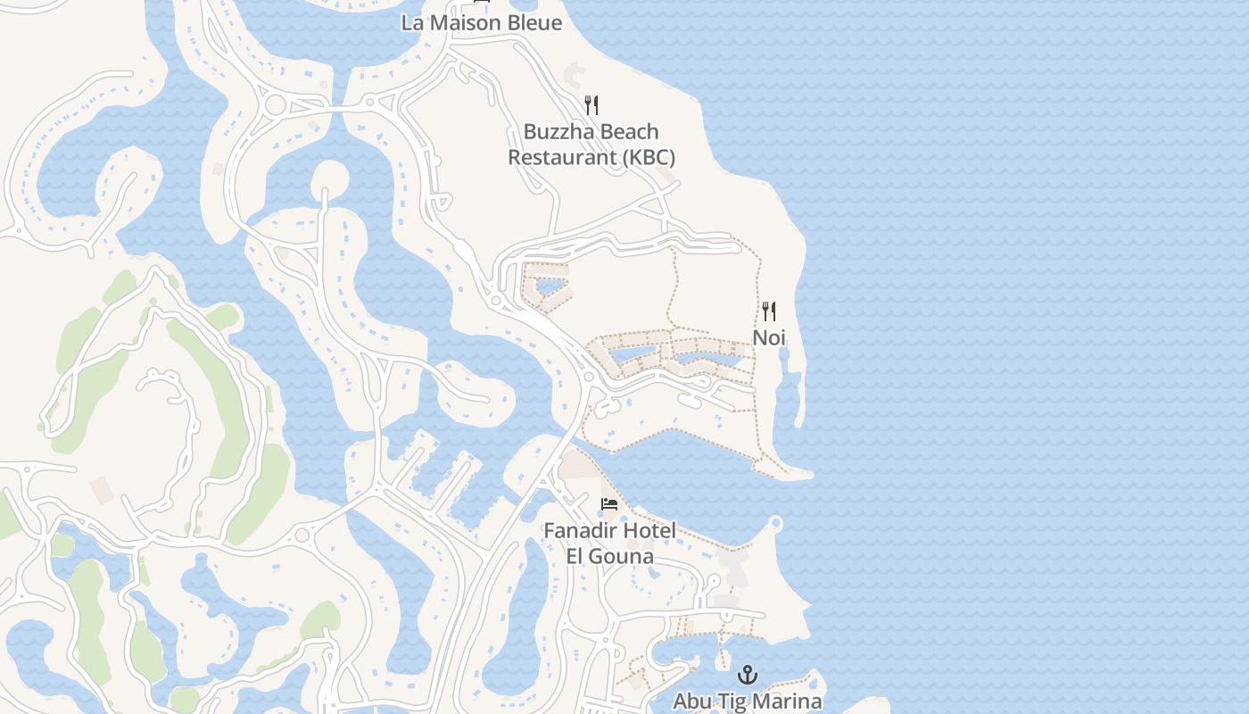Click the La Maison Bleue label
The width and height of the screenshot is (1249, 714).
(x=482, y=23)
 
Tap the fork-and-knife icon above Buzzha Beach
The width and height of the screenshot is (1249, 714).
(x=591, y=105)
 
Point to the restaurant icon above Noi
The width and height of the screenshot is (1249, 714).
(x=768, y=311)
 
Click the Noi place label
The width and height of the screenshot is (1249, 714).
(x=768, y=337)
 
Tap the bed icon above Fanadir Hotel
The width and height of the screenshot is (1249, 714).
(x=609, y=504)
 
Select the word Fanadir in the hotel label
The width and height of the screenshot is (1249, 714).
(x=581, y=531)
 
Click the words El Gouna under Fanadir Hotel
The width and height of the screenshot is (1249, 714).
(x=610, y=557)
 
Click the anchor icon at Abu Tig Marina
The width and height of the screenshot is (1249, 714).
(x=748, y=675)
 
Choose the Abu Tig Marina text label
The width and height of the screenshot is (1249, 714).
(x=747, y=702)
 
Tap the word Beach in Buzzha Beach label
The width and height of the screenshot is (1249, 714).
(x=630, y=132)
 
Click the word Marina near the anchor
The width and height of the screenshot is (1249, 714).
(x=790, y=702)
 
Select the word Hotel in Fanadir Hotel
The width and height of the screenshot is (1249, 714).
(x=649, y=531)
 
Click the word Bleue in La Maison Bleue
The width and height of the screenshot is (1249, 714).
(x=534, y=23)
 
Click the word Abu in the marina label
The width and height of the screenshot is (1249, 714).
(x=691, y=702)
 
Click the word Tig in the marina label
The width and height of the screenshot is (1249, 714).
(x=732, y=702)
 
